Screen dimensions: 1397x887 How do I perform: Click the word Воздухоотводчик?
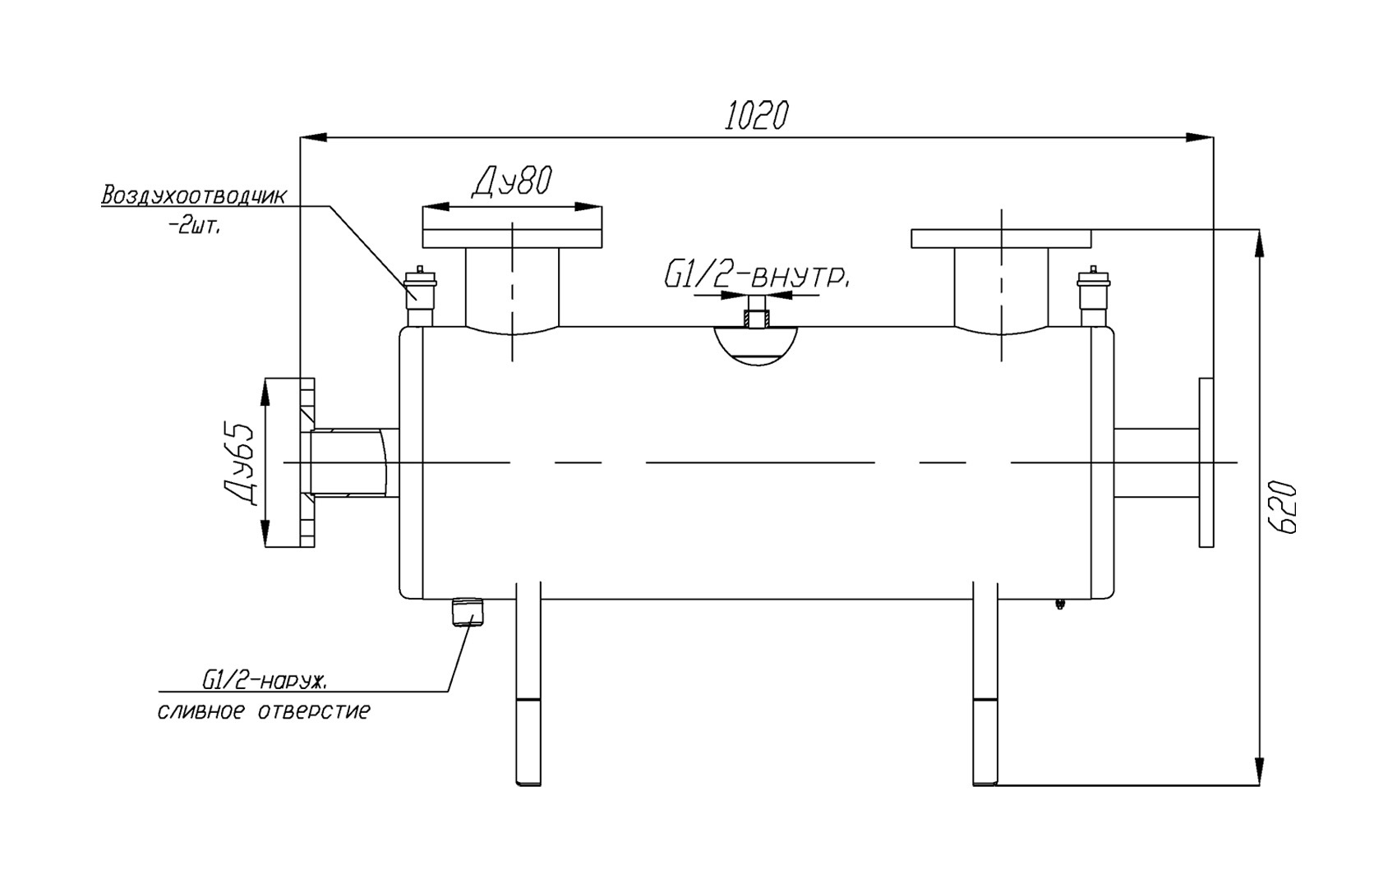tap(194, 195)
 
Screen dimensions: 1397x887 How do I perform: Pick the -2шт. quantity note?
tap(194, 227)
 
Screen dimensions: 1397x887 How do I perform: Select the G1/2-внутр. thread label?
tap(757, 277)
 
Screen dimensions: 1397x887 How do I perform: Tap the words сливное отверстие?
tap(264, 711)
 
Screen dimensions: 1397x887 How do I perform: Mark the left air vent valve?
tap(420, 296)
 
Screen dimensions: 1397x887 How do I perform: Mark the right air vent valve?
tap(1093, 296)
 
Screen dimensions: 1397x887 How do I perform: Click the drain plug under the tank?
tap(468, 612)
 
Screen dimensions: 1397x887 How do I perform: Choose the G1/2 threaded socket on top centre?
tap(757, 311)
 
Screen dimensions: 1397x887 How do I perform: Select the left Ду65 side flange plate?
tap(307, 462)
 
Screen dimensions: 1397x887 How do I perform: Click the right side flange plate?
tap(1206, 462)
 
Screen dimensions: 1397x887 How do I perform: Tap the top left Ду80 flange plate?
tap(512, 238)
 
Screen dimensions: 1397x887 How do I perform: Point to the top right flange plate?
tap(1001, 239)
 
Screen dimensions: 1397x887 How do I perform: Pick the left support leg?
tap(528, 683)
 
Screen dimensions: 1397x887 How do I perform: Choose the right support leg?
tap(984, 683)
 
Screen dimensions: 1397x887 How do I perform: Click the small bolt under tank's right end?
tap(1059, 604)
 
